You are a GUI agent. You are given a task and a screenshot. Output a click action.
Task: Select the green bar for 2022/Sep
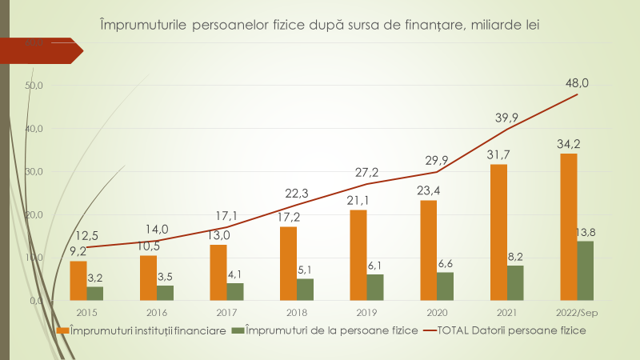tap(585, 270)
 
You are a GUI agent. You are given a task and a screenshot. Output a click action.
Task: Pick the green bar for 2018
tap(305, 290)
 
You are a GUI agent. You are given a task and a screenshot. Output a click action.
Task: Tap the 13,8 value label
tap(585, 232)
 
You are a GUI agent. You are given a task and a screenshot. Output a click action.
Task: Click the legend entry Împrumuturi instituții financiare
tap(140, 330)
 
